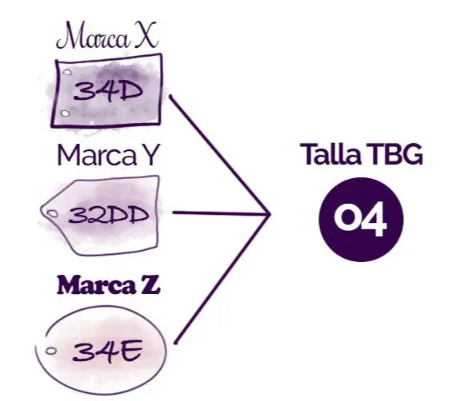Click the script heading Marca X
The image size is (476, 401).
(107, 36)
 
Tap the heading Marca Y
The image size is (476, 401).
(108, 155)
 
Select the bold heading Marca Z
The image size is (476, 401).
(108, 284)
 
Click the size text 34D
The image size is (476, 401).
(108, 90)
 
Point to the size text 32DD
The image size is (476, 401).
(109, 215)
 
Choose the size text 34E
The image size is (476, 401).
(107, 351)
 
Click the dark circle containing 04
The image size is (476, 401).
(361, 220)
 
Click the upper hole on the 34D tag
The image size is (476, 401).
(67, 73)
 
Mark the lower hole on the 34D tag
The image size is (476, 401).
(66, 113)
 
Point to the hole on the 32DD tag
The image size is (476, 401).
(53, 214)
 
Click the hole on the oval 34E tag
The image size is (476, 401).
(51, 351)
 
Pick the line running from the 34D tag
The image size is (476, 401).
(219, 155)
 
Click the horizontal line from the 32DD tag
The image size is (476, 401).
(221, 213)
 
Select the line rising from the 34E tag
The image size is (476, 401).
(222, 279)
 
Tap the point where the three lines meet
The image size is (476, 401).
(270, 214)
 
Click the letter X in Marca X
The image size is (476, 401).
(146, 35)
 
